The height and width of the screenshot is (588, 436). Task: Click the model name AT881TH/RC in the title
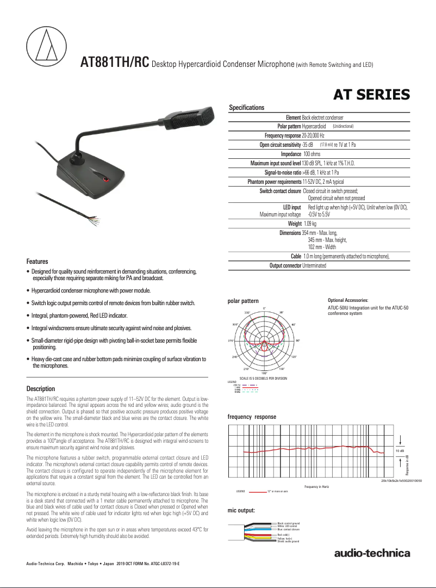click(x=114, y=62)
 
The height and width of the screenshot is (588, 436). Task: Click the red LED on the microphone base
click(x=106, y=180)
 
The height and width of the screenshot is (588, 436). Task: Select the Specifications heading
click(x=246, y=108)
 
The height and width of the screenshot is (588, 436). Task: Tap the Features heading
click(x=38, y=262)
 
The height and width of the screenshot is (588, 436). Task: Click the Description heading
click(x=41, y=389)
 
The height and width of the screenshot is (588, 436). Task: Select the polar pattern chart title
click(x=242, y=301)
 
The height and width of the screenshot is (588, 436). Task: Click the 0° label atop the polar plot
click(x=264, y=308)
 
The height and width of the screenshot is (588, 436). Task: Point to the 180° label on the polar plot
click(x=264, y=373)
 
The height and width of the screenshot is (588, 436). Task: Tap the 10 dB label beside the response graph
click(x=400, y=451)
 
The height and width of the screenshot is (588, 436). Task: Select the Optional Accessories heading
click(x=348, y=300)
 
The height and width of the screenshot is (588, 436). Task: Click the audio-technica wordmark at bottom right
click(x=372, y=554)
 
